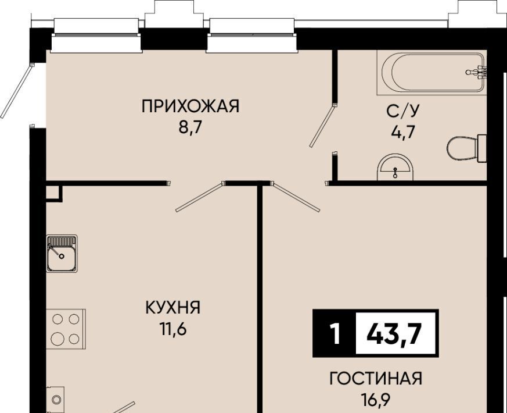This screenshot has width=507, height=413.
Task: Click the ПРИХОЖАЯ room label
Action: click(190, 106)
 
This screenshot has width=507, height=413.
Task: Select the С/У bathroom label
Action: click(402, 111)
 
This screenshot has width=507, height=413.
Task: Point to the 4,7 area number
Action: click(403, 133)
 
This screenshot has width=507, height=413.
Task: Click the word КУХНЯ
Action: click(173, 307)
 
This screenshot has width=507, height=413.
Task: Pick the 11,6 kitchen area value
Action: click(173, 329)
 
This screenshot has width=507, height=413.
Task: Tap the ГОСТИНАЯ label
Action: click(376, 378)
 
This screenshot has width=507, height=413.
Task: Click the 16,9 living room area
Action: click(376, 400)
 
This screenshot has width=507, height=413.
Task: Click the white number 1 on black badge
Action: click(336, 334)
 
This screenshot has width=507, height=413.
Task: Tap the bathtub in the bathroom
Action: click(432, 73)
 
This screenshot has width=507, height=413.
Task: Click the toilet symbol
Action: click(467, 148)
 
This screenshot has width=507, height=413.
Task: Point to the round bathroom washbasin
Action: click(395, 167)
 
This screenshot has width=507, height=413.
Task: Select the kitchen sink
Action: click(62, 253)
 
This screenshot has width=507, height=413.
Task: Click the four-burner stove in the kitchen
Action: click(66, 329)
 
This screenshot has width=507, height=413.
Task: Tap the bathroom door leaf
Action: click(323, 126)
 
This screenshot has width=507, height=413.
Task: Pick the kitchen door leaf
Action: click(199, 197)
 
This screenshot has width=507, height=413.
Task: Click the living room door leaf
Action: click(296, 197)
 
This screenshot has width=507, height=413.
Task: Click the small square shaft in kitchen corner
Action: click(53, 193)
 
